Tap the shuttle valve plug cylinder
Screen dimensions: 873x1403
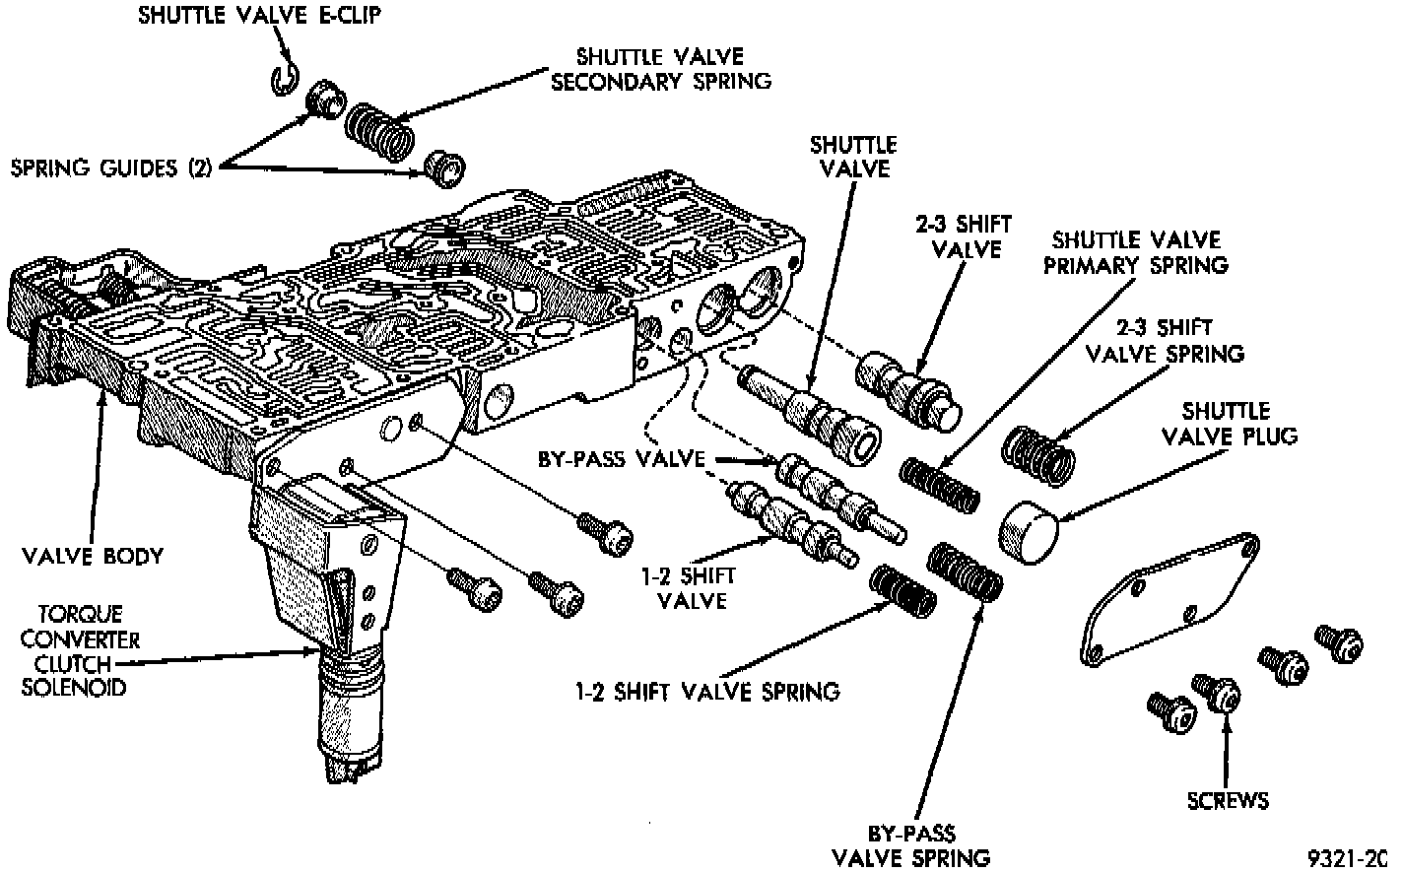1027,531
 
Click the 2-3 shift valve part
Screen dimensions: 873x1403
907,389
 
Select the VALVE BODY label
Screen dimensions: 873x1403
93,556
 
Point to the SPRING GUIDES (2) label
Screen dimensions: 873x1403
110,168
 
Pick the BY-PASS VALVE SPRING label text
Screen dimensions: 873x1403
910,844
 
